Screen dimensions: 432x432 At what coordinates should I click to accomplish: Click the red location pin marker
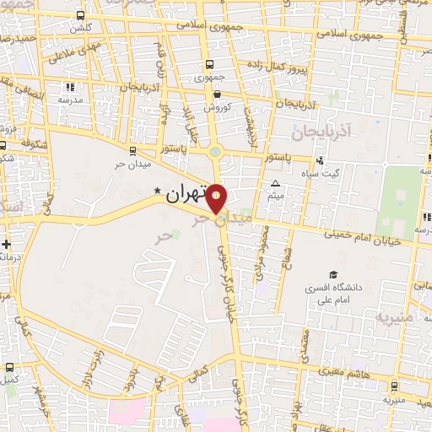coord(217,197)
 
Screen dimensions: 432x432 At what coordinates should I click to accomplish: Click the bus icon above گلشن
coord(79,16)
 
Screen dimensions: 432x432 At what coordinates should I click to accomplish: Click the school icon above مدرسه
coord(69,87)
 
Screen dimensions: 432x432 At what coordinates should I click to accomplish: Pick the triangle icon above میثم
coord(275,183)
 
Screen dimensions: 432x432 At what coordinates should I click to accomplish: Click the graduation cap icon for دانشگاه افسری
coord(334,275)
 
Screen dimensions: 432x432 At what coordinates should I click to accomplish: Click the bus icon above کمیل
coord(9,367)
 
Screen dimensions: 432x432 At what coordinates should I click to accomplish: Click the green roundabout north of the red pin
coord(217,154)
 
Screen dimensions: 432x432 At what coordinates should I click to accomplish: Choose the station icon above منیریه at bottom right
coord(394,386)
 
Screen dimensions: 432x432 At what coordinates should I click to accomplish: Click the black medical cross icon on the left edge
coord(7,245)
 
